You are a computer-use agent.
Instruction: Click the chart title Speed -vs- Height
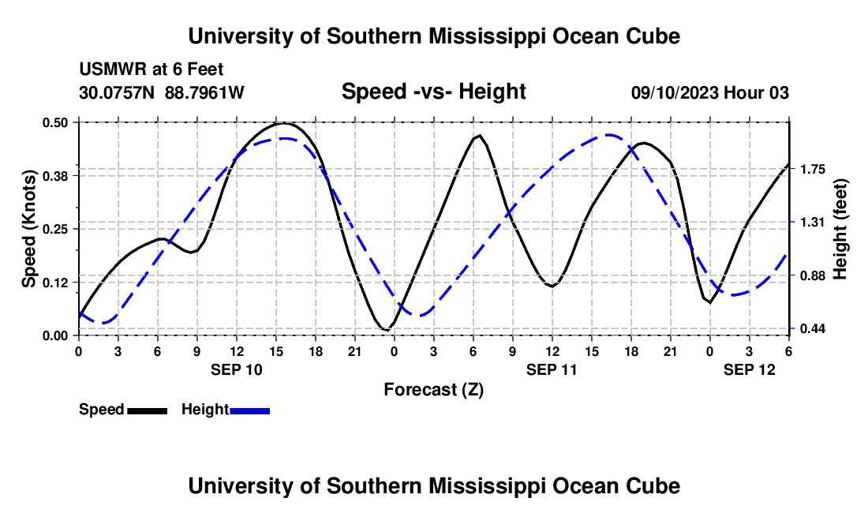point(433,92)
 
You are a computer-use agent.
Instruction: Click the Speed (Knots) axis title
point(28,228)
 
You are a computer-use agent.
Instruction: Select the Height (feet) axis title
point(840,228)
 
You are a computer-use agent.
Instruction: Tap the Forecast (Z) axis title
point(433,389)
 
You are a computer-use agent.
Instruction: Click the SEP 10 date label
point(236,369)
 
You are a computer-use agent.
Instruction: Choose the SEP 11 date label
point(552,369)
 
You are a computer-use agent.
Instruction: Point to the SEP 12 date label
point(750,369)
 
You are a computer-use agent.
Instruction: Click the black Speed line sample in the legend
point(147,410)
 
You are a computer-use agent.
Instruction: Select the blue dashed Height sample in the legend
point(250,410)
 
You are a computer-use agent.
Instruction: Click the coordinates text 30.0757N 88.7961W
point(162,92)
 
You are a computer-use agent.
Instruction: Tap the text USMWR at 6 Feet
point(156,69)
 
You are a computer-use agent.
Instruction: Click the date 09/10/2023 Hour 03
point(710,92)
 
